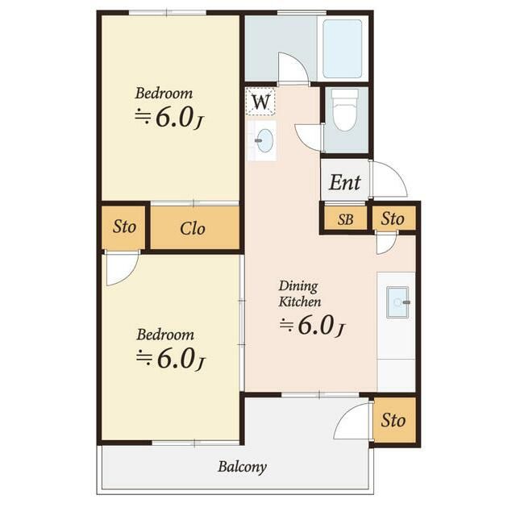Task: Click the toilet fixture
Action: [x=344, y=110]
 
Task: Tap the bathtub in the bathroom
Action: [x=342, y=48]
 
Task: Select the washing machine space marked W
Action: [x=260, y=102]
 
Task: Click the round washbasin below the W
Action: [x=265, y=140]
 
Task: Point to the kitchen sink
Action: [x=397, y=302]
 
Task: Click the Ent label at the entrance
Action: [x=344, y=182]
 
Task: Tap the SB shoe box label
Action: [x=346, y=219]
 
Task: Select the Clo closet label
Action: [x=193, y=228]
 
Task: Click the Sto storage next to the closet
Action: [x=124, y=227]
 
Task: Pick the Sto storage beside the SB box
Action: [x=393, y=218]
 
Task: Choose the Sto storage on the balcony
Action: [x=393, y=420]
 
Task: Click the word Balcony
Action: [x=242, y=467]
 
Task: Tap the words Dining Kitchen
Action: [x=299, y=293]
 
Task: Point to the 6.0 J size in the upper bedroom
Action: [x=170, y=118]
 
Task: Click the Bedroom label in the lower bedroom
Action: [x=164, y=335]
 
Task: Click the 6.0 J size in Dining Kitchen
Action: [x=312, y=326]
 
